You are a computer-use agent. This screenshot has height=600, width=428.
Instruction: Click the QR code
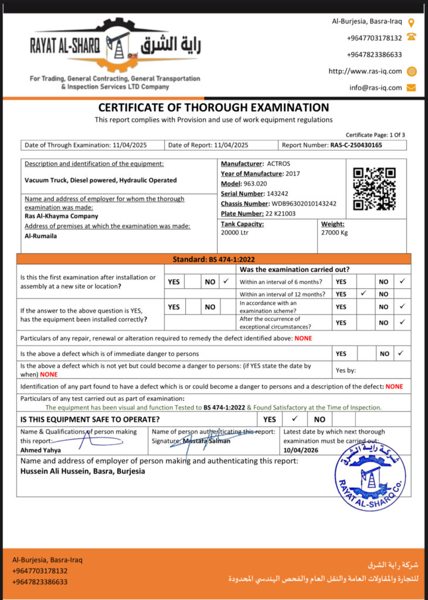coord(374,189)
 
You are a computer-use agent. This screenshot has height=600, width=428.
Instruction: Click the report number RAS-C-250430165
coord(356,145)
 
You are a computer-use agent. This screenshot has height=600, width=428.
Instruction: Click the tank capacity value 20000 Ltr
coord(235,233)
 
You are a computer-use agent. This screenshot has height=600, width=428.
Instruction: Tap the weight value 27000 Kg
coord(335,233)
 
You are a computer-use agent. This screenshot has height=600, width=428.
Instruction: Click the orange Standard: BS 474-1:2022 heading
coord(213,259)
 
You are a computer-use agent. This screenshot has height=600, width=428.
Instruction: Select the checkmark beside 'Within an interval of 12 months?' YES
coord(364,294)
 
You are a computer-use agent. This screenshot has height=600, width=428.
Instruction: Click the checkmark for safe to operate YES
coord(295,419)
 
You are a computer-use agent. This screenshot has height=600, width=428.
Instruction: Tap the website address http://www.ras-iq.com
coord(365,71)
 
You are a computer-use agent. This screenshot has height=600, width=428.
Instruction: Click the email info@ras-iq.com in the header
coord(376,88)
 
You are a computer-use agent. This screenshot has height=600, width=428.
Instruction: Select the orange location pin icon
coord(412,22)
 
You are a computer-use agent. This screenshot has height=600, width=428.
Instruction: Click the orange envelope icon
coord(411,88)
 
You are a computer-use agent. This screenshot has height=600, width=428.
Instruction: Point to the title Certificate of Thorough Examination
coord(213,108)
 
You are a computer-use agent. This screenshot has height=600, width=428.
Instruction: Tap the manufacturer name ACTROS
coord(278,163)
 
